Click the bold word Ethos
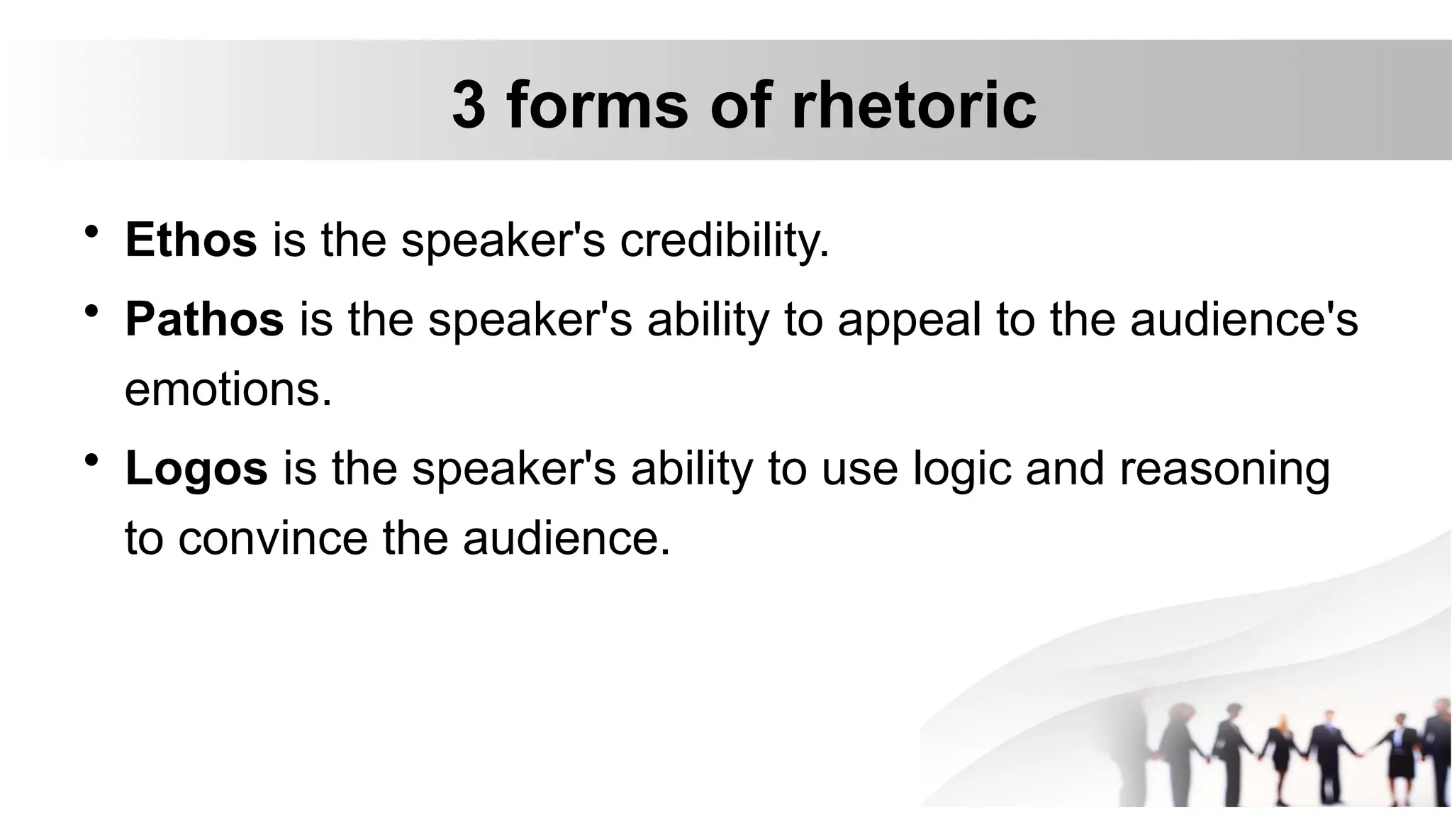tap(191, 240)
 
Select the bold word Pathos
tap(204, 319)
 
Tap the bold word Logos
tap(196, 469)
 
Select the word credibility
tap(724, 240)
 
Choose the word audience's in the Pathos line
tap(1244, 319)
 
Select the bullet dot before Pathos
tap(91, 311)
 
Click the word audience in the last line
tap(566, 538)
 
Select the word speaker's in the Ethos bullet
tap(503, 241)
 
